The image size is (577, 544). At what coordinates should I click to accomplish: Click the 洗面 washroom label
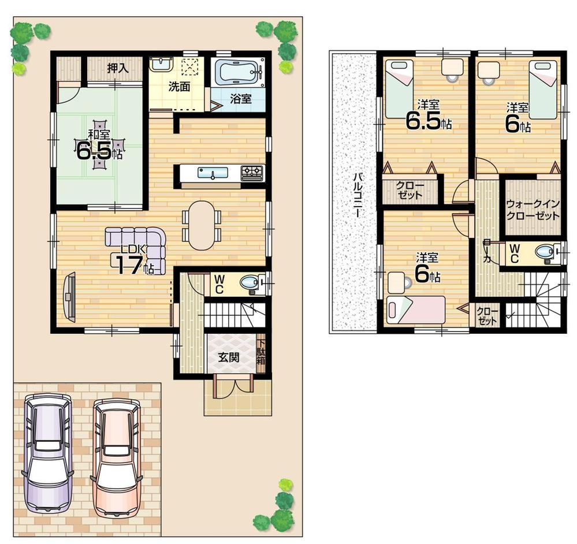(179, 87)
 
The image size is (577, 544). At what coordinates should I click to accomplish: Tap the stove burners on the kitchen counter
(252, 172)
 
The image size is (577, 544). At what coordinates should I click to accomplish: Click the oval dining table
(202, 225)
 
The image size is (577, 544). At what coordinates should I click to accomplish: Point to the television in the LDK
(69, 296)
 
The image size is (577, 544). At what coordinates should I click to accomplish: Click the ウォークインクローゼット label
(533, 210)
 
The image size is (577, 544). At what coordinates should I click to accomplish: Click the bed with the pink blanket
(415, 310)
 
